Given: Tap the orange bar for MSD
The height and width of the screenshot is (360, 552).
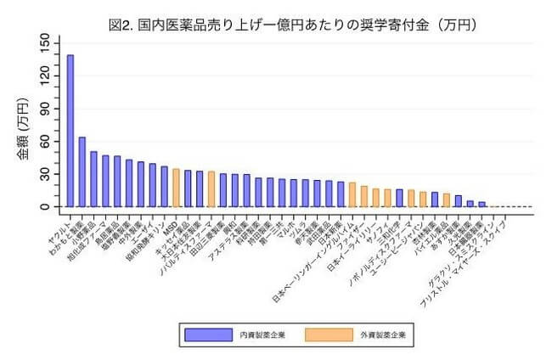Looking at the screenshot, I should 176,188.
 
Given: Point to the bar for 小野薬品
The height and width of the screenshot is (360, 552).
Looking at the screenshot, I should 94,179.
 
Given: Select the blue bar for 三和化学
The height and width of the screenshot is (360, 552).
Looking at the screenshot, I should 399,198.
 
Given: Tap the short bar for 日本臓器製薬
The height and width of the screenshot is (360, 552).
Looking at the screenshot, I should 482,205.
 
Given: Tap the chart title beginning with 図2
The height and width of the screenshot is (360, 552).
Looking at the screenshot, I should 280,25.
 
